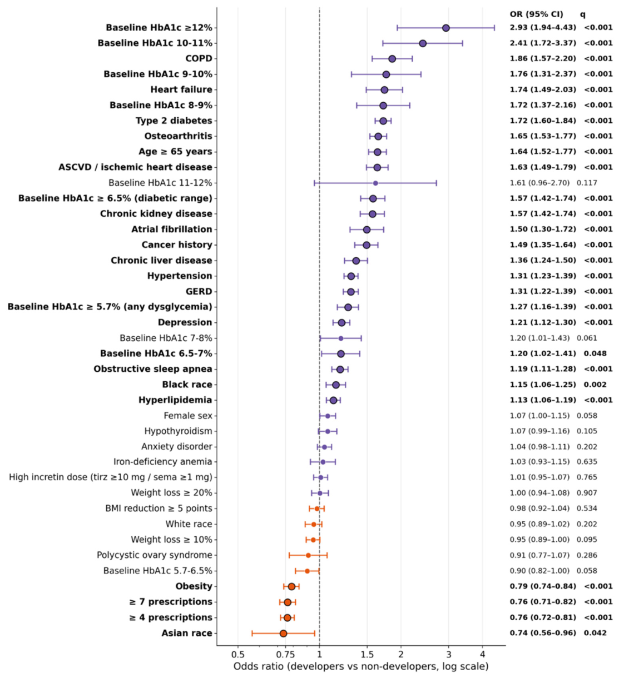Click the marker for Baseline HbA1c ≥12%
point(446,28)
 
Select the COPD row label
point(199,59)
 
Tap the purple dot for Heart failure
point(384,90)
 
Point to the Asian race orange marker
point(284,634)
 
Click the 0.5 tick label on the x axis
point(238,655)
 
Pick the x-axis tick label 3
point(448,655)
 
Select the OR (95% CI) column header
point(537,14)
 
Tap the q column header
point(583,15)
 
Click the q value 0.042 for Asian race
point(595,633)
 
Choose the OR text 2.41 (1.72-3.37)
point(543,43)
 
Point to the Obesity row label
point(194,586)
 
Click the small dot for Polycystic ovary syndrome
point(308,555)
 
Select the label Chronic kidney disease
point(156,214)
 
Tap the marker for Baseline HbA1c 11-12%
point(375,183)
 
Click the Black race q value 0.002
point(595,385)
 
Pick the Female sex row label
point(188,416)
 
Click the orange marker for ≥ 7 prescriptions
point(288,602)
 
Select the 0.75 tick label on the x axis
point(285,655)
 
